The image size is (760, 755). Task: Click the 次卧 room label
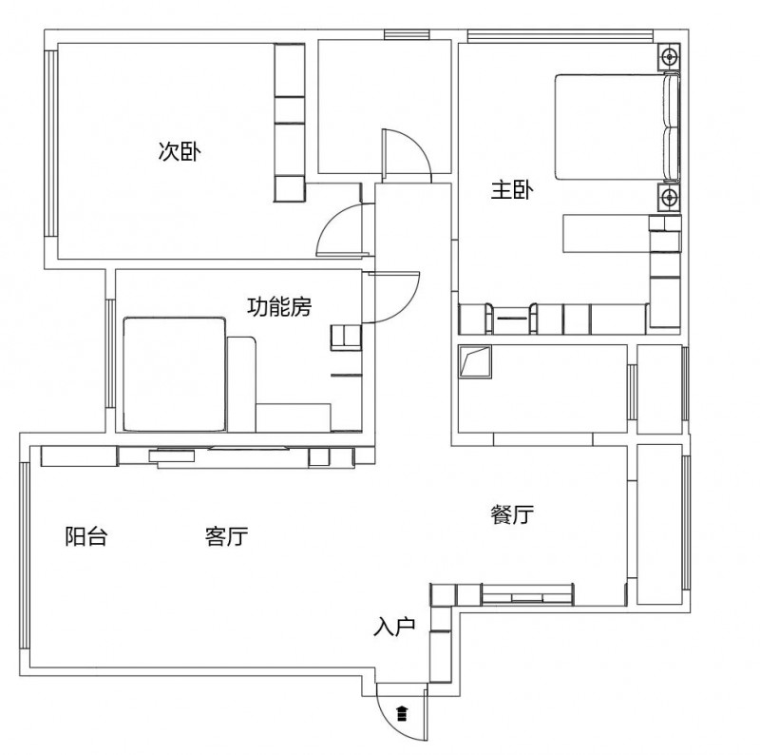click(x=180, y=151)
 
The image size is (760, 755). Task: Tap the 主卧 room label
click(x=512, y=190)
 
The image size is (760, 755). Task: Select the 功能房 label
click(x=279, y=306)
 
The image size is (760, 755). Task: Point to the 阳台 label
click(x=86, y=536)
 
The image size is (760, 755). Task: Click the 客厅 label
click(x=226, y=536)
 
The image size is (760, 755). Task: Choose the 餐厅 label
click(x=512, y=514)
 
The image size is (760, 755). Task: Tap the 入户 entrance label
click(x=394, y=626)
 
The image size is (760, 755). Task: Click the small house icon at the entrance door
click(x=402, y=713)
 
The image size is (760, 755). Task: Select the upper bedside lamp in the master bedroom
click(x=670, y=57)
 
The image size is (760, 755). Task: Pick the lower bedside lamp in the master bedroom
click(x=670, y=198)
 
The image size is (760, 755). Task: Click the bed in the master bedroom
click(x=617, y=127)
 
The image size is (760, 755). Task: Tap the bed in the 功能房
click(x=175, y=374)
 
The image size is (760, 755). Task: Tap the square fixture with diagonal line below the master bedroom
click(x=475, y=361)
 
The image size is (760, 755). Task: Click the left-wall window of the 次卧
click(x=51, y=144)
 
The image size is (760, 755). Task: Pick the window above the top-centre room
click(x=407, y=34)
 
